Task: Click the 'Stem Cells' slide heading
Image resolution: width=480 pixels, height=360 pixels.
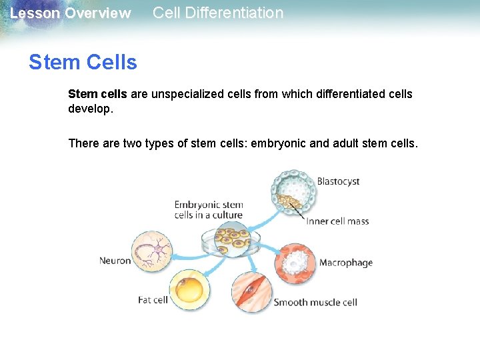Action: tap(83, 63)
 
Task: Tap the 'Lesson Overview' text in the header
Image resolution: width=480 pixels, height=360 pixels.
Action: tap(71, 13)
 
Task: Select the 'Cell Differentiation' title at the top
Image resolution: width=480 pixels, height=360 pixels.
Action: tap(218, 13)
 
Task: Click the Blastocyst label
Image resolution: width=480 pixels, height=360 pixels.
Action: tap(338, 181)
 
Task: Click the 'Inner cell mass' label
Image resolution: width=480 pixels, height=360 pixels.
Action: tap(337, 221)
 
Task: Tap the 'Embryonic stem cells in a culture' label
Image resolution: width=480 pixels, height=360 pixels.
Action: tap(209, 210)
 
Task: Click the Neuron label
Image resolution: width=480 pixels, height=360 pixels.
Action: tap(115, 261)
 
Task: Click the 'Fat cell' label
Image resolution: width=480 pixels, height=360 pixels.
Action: tap(153, 300)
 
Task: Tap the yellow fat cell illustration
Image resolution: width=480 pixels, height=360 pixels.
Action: tap(190, 290)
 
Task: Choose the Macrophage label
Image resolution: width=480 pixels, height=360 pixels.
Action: tap(345, 263)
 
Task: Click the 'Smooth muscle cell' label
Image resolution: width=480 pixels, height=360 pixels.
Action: tap(315, 303)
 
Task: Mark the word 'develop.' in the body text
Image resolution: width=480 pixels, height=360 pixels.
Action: tap(91, 108)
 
